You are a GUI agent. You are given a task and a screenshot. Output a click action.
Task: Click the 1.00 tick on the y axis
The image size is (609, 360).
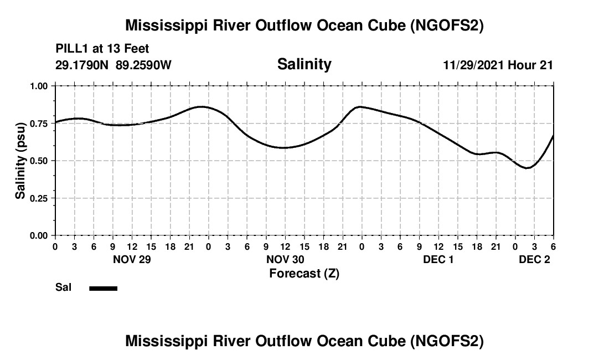click(x=39, y=86)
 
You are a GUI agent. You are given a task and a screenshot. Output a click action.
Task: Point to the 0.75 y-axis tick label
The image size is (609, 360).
click(x=39, y=124)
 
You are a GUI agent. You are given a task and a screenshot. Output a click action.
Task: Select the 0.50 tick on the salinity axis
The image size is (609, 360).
click(x=39, y=161)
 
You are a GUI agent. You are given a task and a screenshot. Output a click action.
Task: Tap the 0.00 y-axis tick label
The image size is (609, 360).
click(x=39, y=235)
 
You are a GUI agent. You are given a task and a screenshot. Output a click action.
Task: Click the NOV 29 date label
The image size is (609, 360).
click(x=132, y=259)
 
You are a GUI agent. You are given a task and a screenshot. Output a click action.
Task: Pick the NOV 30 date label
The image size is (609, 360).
click(x=285, y=259)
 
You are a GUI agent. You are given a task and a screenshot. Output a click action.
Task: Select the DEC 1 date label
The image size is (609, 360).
click(x=438, y=259)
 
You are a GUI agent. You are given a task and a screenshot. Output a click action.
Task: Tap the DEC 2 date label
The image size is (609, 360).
click(x=534, y=259)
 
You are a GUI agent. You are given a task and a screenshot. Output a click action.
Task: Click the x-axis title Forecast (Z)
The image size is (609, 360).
click(x=304, y=273)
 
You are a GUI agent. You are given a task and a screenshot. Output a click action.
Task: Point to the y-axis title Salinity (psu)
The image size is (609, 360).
click(x=20, y=161)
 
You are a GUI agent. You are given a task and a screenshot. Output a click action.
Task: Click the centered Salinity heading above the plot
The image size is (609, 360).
click(x=304, y=64)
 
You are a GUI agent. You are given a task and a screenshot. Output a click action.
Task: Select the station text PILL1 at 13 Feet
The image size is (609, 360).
click(x=102, y=49)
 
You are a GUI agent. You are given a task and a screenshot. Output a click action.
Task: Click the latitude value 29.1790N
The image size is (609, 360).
click(x=83, y=65)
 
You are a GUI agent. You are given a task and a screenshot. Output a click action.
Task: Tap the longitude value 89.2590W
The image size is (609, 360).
click(x=144, y=65)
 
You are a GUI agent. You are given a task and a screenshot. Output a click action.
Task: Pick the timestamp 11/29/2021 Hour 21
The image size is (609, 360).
click(x=498, y=65)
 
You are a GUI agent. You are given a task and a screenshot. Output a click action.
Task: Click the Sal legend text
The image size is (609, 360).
click(x=63, y=287)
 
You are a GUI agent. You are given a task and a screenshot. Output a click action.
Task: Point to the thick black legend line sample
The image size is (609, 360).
click(x=103, y=288)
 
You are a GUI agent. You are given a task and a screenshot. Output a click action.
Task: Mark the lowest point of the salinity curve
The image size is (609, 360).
click(x=528, y=168)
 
